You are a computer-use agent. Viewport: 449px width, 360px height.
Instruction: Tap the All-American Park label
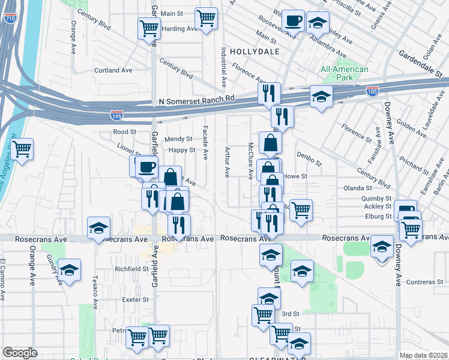[x=344, y=73]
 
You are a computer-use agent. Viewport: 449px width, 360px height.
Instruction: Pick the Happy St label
[x=181, y=150]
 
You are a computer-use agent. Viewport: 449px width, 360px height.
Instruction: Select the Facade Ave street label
[x=205, y=142]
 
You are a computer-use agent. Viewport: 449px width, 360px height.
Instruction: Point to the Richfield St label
[x=131, y=269]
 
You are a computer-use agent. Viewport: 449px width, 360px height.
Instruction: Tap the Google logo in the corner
[x=20, y=353]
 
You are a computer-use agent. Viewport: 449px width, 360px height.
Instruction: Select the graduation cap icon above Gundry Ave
[x=70, y=270]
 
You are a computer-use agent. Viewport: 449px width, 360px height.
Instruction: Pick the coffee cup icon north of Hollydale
[x=293, y=21]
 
